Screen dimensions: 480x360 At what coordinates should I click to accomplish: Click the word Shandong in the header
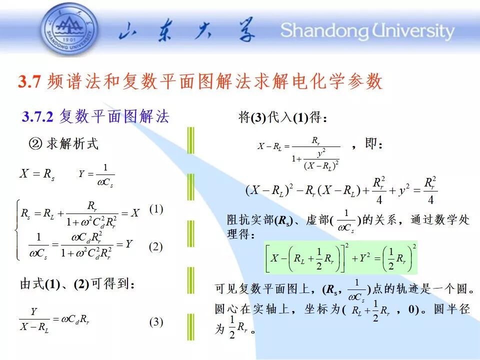(324, 31)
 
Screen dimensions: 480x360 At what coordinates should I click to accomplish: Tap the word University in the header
(413, 31)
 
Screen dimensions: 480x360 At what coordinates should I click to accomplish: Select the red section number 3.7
(29, 81)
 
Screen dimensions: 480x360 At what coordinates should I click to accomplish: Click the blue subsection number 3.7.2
(37, 116)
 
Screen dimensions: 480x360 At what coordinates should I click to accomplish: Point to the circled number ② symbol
(35, 143)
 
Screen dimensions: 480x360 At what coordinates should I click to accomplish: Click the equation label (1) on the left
(156, 209)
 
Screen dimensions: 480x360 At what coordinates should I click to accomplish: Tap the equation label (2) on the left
(156, 246)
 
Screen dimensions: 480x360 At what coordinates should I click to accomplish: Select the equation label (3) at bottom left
(156, 322)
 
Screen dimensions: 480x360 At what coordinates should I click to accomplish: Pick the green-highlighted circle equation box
(340, 257)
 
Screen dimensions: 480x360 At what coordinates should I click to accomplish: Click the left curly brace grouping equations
(18, 230)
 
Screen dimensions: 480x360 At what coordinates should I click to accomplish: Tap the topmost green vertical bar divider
(190, 140)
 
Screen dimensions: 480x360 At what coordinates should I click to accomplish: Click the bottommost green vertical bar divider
(190, 327)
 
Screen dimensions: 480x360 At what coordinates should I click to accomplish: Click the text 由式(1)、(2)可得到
(77, 284)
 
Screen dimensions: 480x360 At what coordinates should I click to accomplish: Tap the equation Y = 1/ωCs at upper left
(96, 175)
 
